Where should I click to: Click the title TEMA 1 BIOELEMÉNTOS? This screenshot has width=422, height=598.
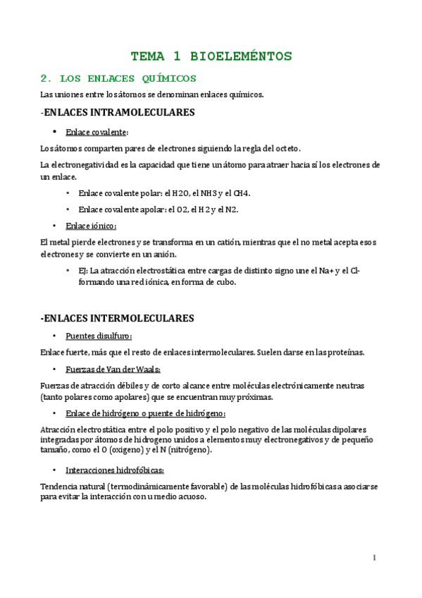(x=211, y=56)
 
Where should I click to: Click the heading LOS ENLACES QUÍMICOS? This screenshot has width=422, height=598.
(x=128, y=78)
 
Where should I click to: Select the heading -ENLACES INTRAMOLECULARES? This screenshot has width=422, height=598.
(x=118, y=112)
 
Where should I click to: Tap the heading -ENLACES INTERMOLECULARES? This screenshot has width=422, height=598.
(x=117, y=318)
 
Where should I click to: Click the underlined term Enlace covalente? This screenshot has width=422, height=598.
(x=97, y=132)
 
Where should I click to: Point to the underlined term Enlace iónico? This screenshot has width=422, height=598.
(x=91, y=226)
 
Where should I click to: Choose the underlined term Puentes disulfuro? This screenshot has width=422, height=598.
(x=98, y=336)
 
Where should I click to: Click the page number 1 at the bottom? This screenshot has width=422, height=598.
(x=375, y=558)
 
